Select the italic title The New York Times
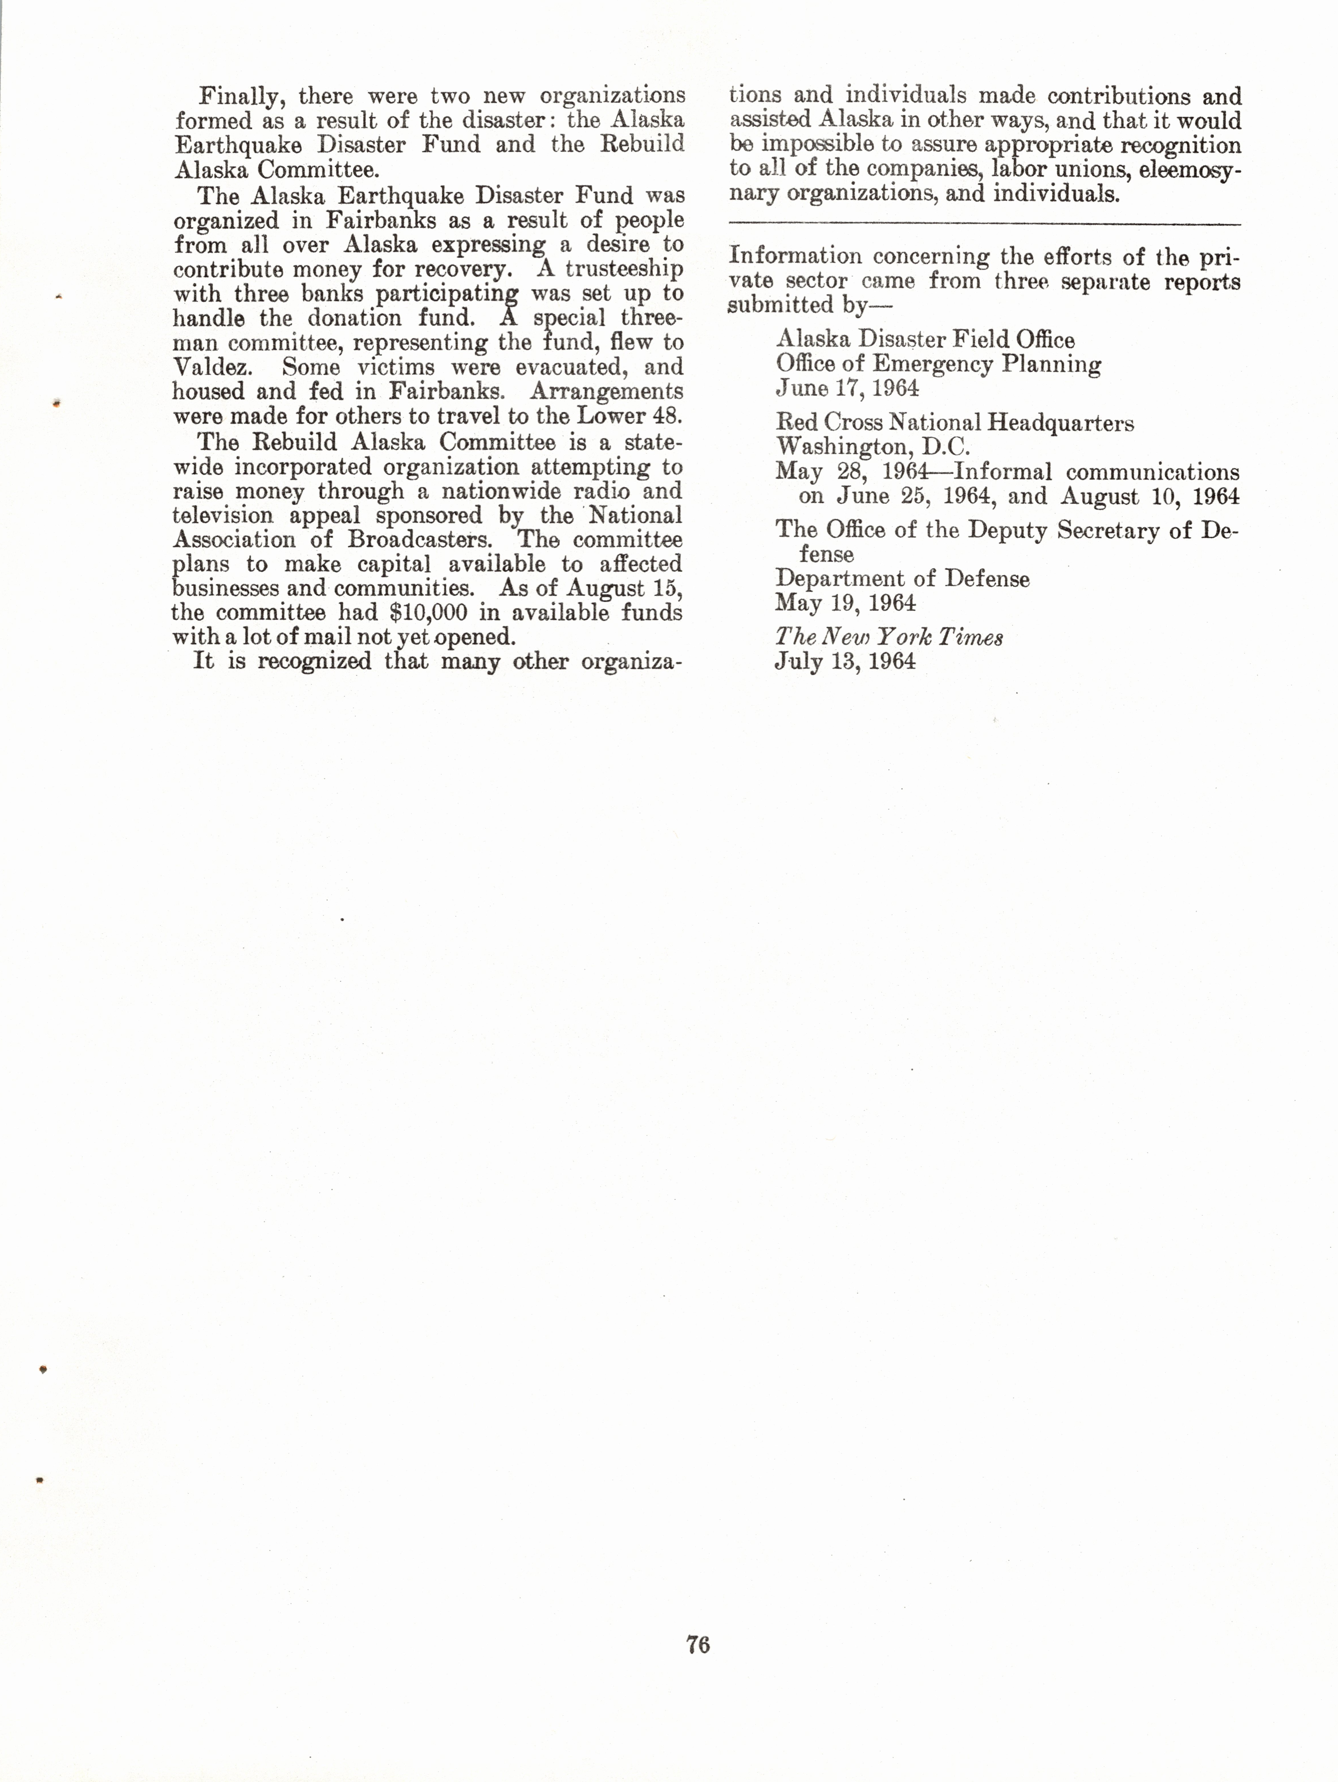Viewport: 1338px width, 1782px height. tap(888, 637)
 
